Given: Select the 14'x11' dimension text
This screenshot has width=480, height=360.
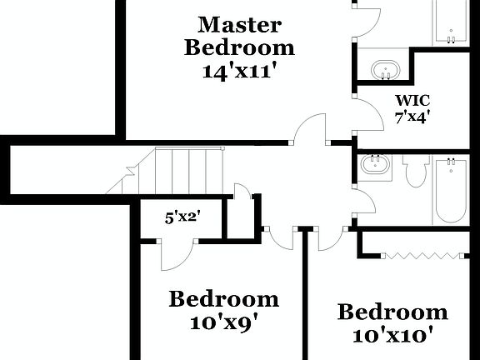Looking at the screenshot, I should tap(238, 71).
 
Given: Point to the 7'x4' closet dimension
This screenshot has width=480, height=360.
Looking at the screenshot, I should tap(412, 117).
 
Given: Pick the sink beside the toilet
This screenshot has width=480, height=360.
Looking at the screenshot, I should tap(376, 166).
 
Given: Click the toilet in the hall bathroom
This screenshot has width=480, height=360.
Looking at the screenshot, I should tap(415, 171).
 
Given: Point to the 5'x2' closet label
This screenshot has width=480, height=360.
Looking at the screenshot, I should tap(182, 218).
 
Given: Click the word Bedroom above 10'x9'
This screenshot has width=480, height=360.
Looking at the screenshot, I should tap(223, 298).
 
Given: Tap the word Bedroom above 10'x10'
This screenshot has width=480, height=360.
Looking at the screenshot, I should tap(392, 312).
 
